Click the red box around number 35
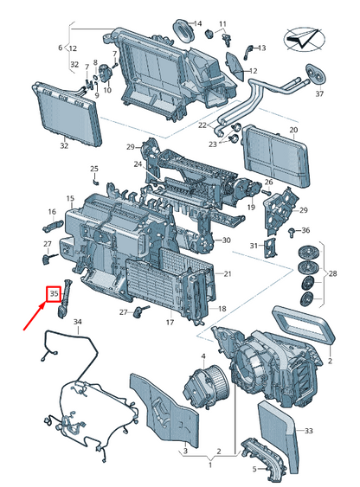coord(54,293)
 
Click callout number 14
coord(198,23)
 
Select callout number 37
coord(319,93)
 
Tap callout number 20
coord(293,130)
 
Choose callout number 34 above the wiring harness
coord(77,322)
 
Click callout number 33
coord(308,431)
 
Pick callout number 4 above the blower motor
coord(203,356)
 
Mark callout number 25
coord(94,169)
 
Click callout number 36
coord(305,230)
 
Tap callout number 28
coord(332,273)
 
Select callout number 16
coord(52,212)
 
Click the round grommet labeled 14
coord(183,30)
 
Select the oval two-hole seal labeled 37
coord(316,74)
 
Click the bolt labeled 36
coord(292,232)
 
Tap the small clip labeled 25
coord(96,181)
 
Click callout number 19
coord(251,207)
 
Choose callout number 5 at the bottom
coord(254,469)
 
